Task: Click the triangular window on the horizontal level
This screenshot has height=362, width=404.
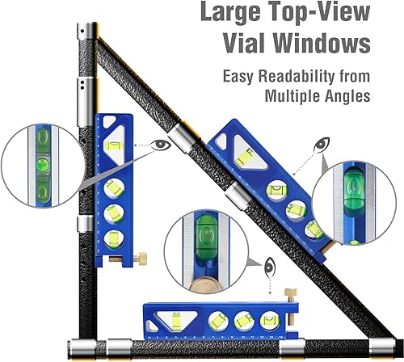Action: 175,318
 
